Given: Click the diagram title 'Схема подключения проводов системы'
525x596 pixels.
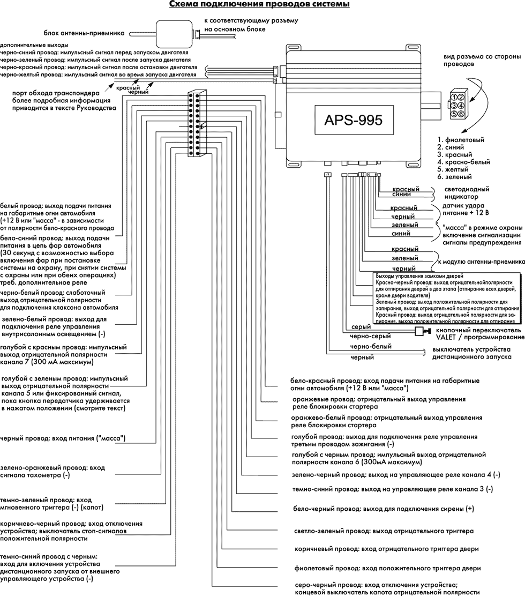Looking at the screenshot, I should (x=259, y=5).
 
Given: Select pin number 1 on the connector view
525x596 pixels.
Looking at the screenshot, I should (x=454, y=97).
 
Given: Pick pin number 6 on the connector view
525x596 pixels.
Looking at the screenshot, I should (x=460, y=114).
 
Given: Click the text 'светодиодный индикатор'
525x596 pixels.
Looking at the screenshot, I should (x=467, y=193).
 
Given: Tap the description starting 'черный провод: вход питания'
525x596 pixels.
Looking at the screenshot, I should (x=63, y=438).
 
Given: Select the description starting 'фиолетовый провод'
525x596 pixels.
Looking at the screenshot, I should (x=388, y=568).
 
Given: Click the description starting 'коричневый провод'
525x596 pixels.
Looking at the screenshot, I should (x=387, y=549).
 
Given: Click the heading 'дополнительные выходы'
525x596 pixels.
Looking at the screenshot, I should (x=34, y=45).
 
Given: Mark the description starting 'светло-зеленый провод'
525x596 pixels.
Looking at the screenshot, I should (x=384, y=531).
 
